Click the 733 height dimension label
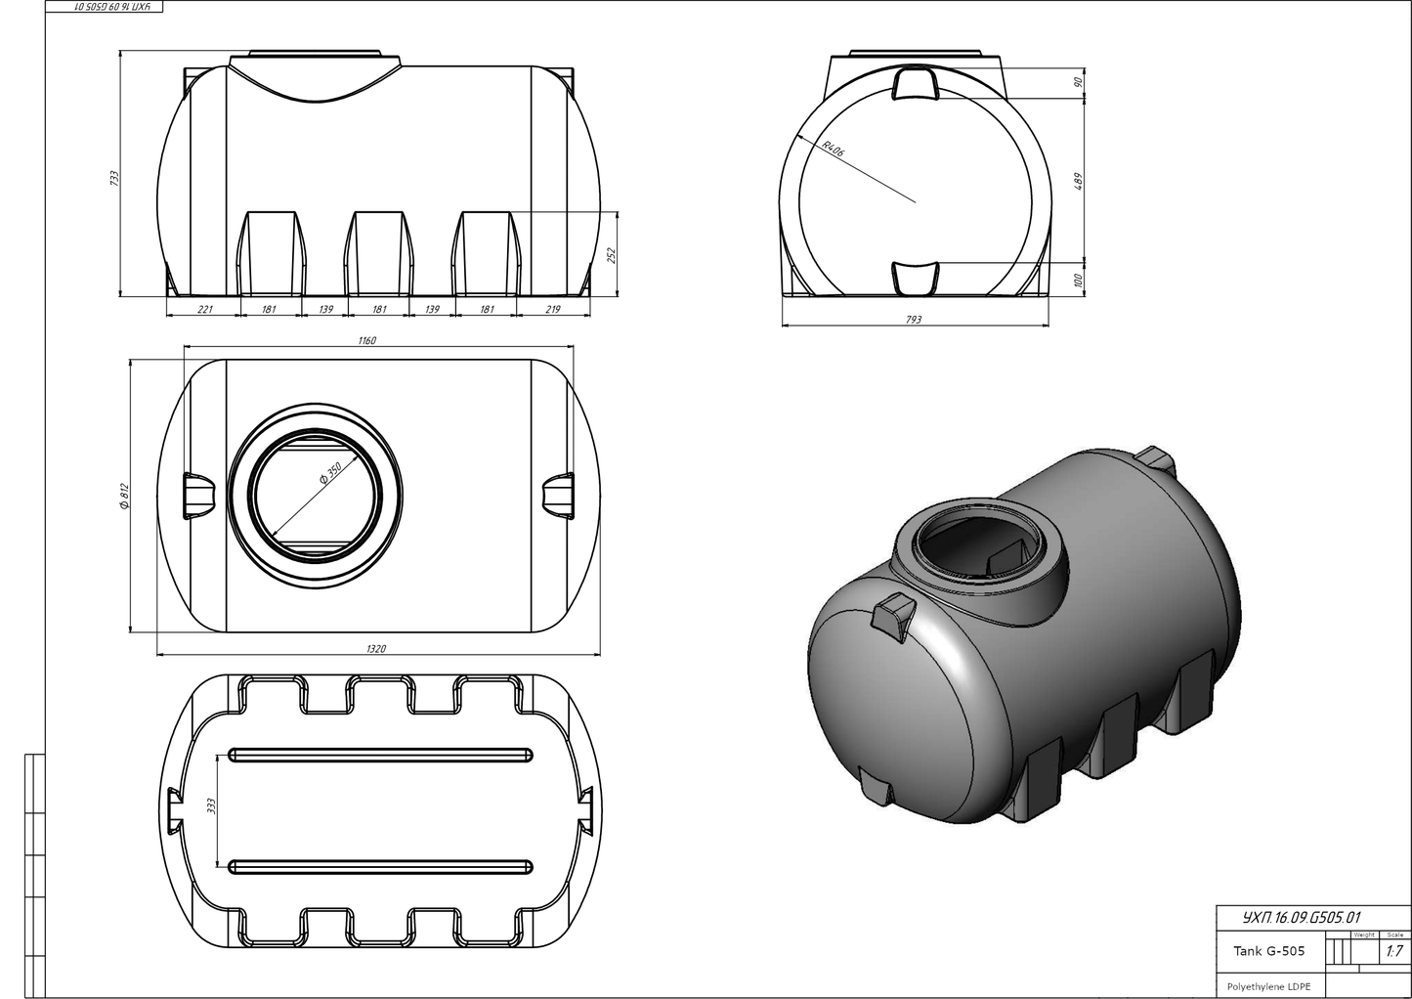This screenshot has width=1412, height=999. tap(113, 179)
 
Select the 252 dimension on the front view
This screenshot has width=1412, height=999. tap(613, 254)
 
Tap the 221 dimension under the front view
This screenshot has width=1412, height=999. tap(205, 309)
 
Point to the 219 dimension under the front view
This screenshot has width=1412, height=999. tap(553, 309)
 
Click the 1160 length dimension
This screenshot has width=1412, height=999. tap(366, 340)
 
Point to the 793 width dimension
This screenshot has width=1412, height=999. tap(913, 320)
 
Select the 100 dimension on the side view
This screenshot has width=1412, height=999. tap(1079, 281)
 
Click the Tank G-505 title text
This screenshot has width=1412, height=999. tap(1268, 951)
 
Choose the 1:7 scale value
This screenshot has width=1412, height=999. tap(1393, 951)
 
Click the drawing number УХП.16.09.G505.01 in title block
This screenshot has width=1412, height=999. tap(1300, 918)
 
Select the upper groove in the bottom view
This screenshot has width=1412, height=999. tap(380, 754)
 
